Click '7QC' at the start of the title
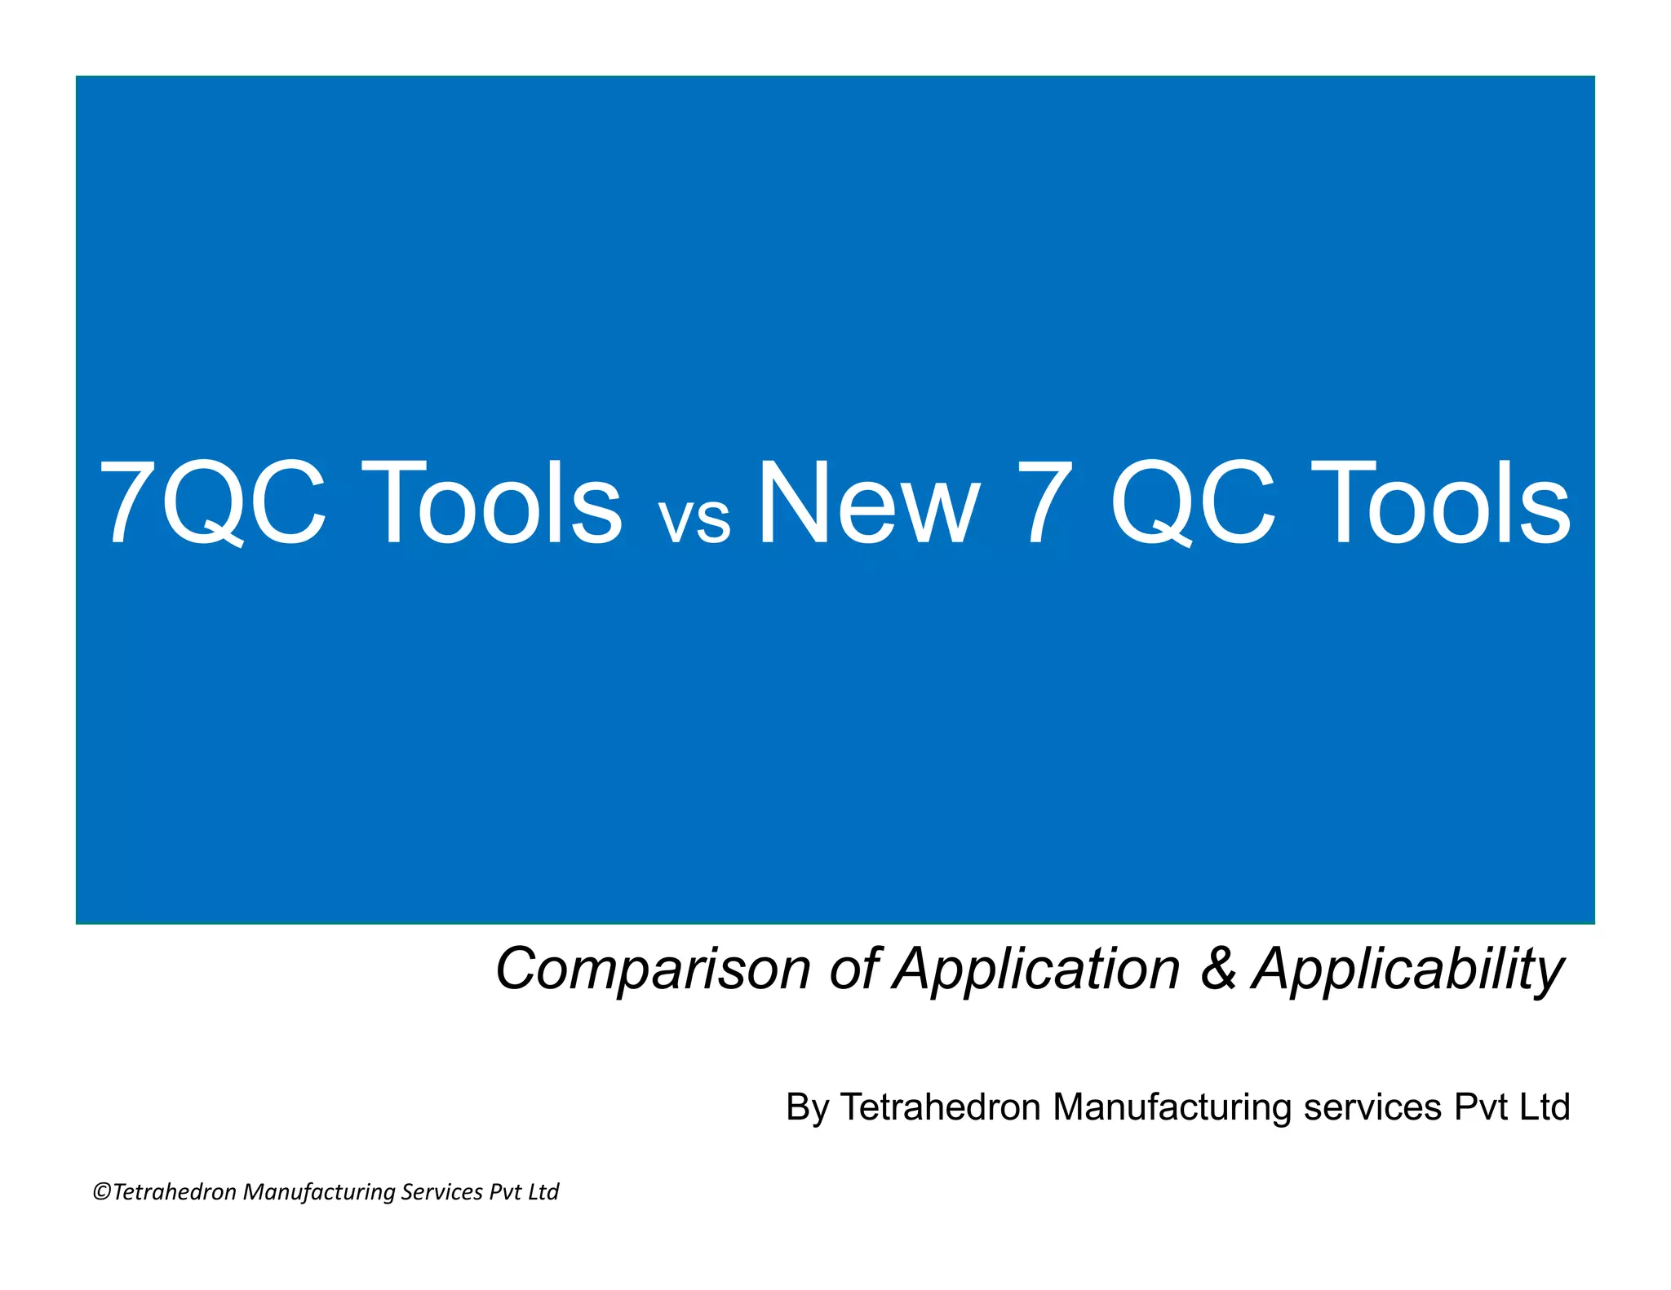(x=212, y=504)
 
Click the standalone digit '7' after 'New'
(x=1042, y=504)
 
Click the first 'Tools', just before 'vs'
(x=499, y=504)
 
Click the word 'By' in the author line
(x=807, y=1108)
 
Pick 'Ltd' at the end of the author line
(x=1544, y=1107)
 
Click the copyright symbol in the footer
(x=102, y=1192)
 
